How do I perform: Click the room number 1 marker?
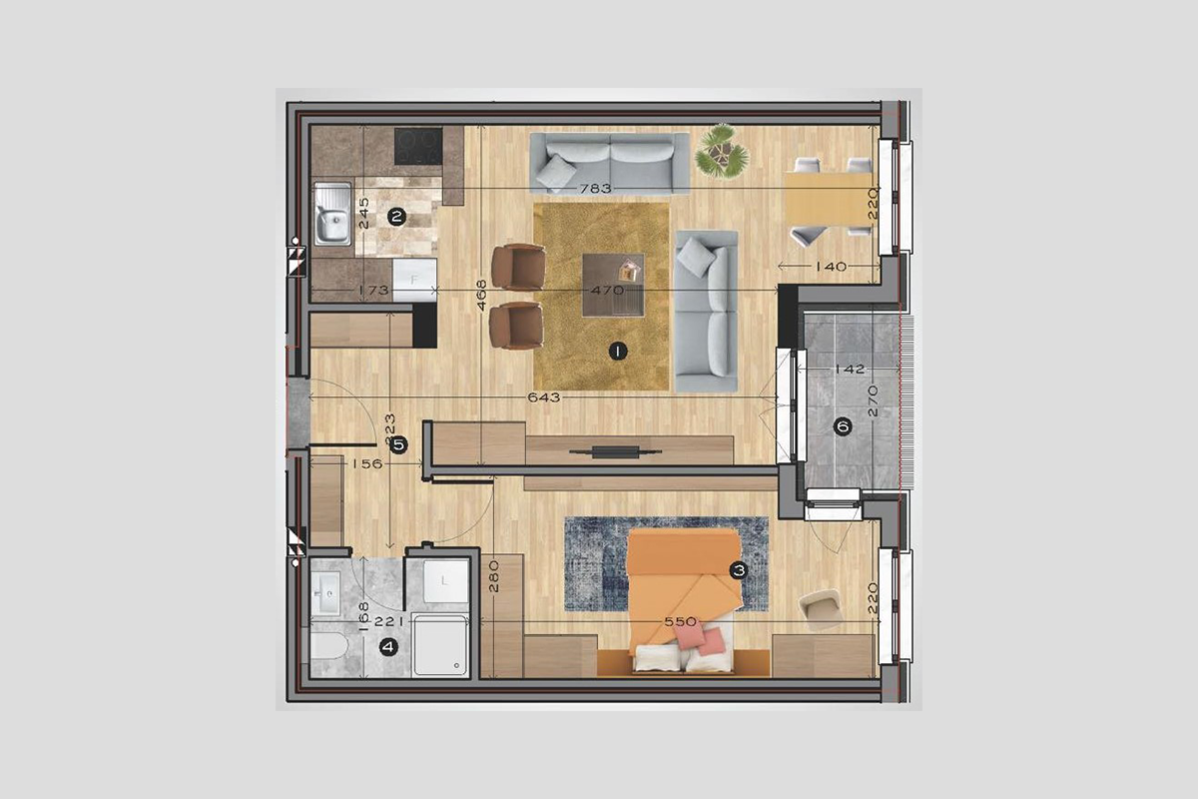618,352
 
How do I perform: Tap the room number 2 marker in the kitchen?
396,217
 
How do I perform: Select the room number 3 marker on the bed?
739,570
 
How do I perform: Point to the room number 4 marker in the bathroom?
387,647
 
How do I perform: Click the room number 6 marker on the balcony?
844,426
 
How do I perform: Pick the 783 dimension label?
595,189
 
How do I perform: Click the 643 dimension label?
544,398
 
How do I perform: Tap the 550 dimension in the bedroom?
680,621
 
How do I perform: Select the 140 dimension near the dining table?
832,266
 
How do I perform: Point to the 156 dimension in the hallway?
367,463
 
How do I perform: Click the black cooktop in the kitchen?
418,146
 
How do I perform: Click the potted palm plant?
722,151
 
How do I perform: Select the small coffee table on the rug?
613,285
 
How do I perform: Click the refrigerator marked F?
414,280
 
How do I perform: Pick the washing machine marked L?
445,581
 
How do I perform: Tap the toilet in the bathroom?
328,646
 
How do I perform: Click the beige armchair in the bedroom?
820,609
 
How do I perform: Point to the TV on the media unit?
615,452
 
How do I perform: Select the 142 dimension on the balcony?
850,369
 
